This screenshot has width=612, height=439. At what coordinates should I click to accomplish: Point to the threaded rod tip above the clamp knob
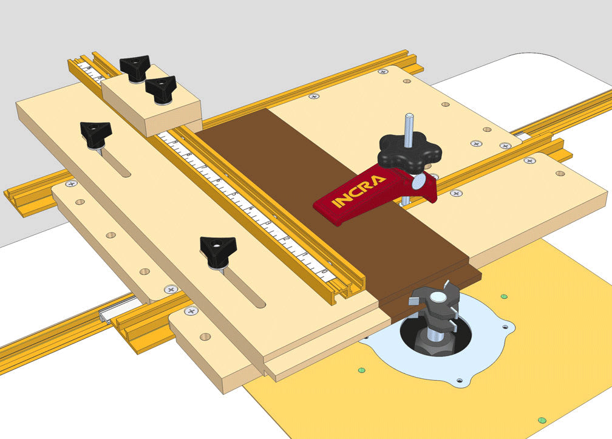tap(409, 119)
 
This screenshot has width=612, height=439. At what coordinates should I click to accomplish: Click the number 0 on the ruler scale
tap(326, 271)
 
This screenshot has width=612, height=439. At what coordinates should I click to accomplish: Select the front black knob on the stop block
tap(160, 89)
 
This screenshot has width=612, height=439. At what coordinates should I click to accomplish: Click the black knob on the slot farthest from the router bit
tap(96, 132)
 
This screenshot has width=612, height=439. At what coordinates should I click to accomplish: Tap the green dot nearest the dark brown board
tap(504, 297)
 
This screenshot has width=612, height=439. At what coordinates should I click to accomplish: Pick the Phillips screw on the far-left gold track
tap(72, 183)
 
